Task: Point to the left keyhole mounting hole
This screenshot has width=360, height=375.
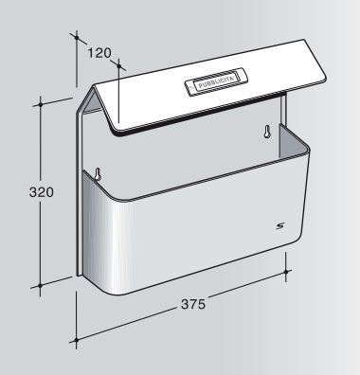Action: click(x=97, y=173)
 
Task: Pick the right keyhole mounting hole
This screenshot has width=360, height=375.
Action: click(x=267, y=132)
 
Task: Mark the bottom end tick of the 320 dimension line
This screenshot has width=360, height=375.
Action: click(x=39, y=283)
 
